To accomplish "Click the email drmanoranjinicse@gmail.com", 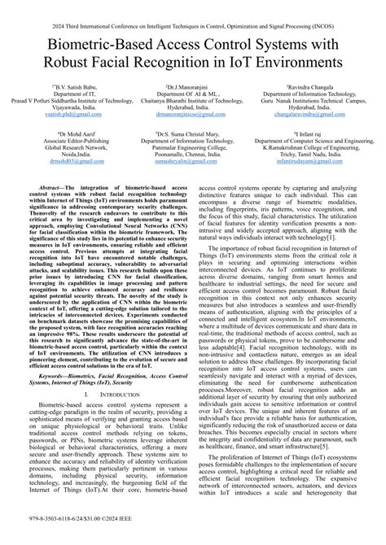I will (x=192, y=116).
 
